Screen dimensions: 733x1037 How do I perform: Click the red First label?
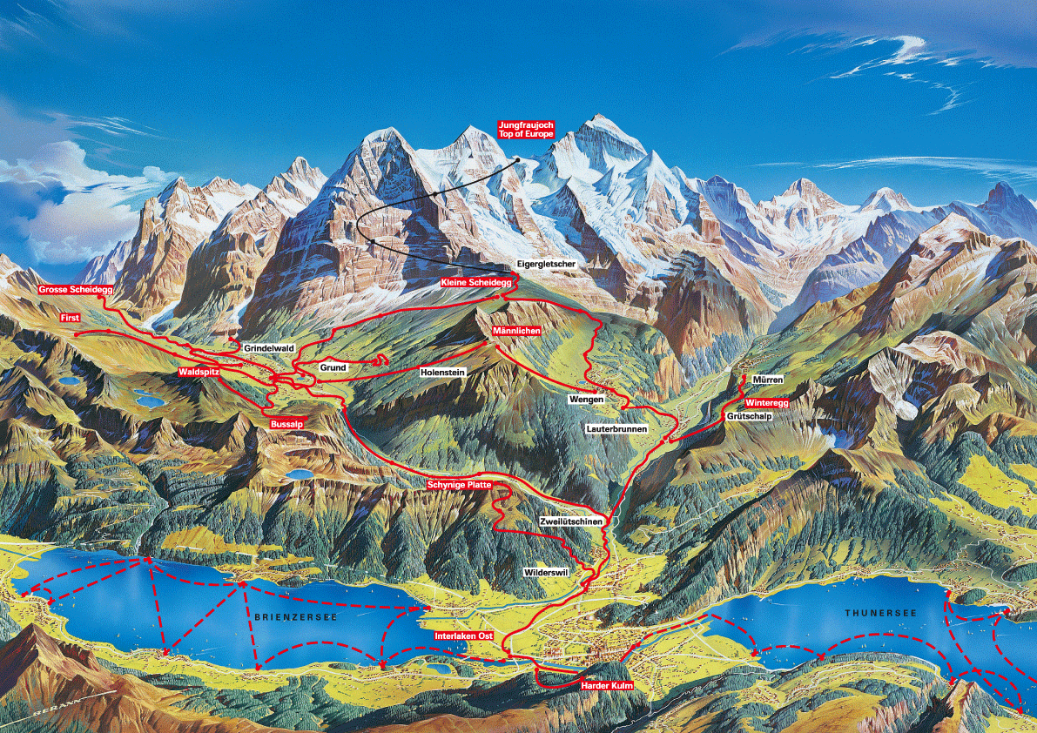click(70, 319)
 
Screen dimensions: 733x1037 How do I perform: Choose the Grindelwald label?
click(269, 348)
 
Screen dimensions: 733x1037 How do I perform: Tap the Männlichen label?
click(516, 332)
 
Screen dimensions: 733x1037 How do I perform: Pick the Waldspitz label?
click(199, 372)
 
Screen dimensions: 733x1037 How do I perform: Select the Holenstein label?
click(443, 372)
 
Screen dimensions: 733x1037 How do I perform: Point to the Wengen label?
click(585, 399)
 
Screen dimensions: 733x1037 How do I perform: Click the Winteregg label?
click(766, 403)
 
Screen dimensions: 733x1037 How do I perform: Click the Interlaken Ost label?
click(464, 636)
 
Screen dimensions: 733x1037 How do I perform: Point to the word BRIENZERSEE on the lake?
click(296, 616)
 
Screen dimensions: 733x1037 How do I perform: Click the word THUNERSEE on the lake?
click(881, 614)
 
